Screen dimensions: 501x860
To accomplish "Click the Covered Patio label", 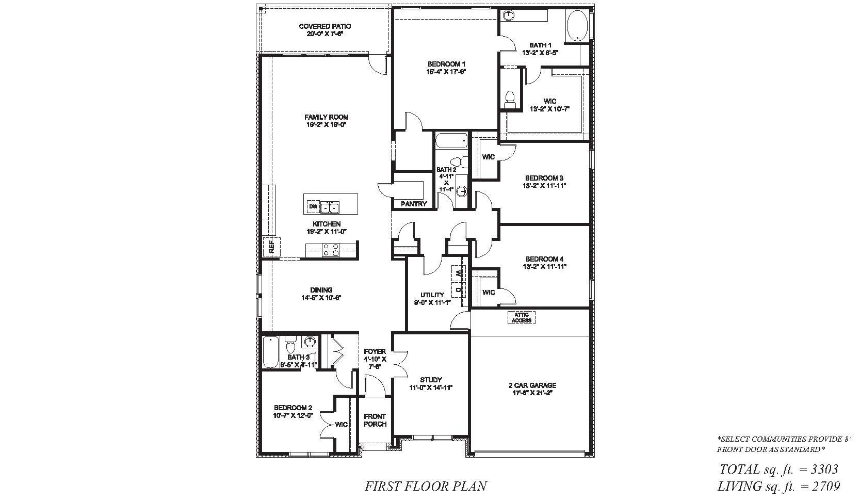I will pyautogui.click(x=325, y=26).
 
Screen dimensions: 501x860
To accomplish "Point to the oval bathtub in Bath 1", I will pyautogui.click(x=577, y=26).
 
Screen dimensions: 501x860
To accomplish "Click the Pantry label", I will pyautogui.click(x=414, y=204).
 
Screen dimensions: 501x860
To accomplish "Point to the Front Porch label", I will pyautogui.click(x=375, y=420).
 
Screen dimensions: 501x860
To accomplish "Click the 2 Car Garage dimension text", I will pyautogui.click(x=534, y=393).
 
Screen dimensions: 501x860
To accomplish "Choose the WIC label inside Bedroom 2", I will pyautogui.click(x=342, y=425).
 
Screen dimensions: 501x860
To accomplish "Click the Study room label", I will pyautogui.click(x=431, y=380).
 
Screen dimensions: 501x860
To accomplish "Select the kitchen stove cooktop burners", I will pyautogui.click(x=331, y=250).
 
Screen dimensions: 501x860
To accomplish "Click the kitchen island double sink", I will pyautogui.click(x=329, y=207).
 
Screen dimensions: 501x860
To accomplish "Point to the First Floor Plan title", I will pyautogui.click(x=426, y=486).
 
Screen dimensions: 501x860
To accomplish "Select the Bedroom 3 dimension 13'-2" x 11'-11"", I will pyautogui.click(x=544, y=186).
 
